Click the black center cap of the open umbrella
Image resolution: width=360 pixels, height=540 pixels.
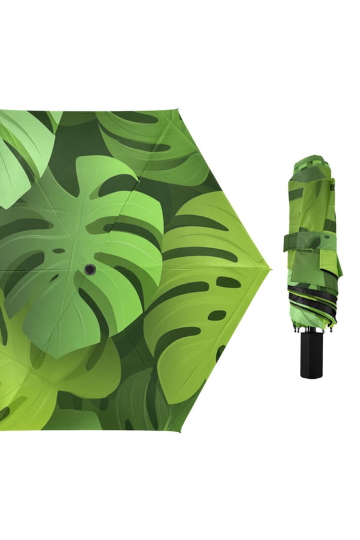pos(90,269)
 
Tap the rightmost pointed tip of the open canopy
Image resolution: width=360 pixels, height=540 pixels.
pos(270,269)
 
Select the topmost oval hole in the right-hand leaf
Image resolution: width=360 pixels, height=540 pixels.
pos(228,282)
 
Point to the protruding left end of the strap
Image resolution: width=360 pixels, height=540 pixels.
pos(286,242)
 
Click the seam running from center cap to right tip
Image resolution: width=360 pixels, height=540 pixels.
pos(181,269)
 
